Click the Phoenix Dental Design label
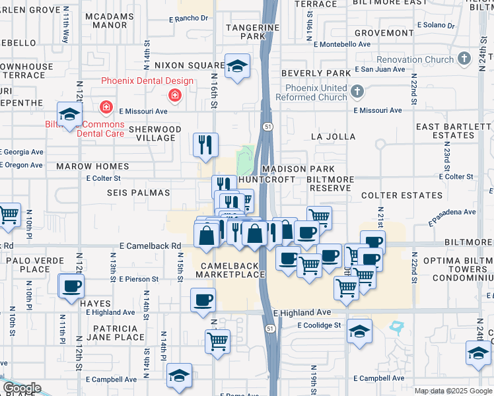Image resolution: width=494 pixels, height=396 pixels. coord(147,81)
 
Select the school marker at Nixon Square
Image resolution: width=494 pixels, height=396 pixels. coord(237,66)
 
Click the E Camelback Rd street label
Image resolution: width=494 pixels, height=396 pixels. coord(150,246)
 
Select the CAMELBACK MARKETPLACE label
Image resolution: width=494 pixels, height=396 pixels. coord(229,269)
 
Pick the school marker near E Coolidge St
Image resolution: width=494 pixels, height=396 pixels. coord(359,331)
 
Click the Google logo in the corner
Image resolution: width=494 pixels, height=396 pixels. coord(22,388)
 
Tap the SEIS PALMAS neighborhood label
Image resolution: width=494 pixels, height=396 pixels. coord(138,193)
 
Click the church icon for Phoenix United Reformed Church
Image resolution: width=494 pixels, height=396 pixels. coord(357,90)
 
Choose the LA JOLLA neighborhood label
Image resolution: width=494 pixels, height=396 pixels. coord(334,137)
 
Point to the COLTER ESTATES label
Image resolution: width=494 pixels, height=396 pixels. coord(402,195)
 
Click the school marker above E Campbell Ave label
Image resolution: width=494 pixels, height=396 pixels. coord(179,375)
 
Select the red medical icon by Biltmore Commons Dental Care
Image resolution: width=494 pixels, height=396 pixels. coord(105,107)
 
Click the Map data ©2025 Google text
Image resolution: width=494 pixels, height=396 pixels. coord(453,391)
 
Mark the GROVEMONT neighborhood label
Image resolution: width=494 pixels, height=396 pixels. coord(384,32)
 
